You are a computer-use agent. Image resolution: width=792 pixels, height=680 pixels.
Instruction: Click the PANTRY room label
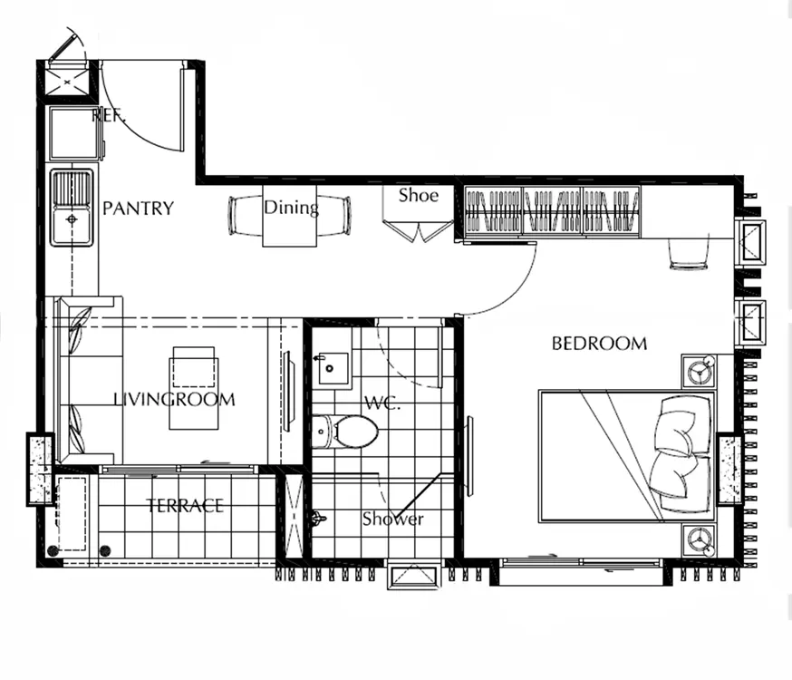point(138,209)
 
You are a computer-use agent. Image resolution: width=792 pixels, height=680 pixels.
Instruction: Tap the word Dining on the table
point(291,207)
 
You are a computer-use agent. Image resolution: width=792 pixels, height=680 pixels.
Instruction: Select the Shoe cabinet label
point(419,195)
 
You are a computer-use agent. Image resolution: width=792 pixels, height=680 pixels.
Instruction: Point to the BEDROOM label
point(599,344)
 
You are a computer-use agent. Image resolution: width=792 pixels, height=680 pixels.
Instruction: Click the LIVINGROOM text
point(174,400)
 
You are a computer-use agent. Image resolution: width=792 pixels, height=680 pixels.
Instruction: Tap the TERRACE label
point(185,506)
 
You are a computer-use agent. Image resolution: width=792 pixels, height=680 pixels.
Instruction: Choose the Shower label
point(392,519)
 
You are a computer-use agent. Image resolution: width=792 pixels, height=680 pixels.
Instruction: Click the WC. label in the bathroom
point(382,403)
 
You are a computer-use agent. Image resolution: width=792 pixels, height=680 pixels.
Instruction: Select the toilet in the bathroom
point(345,432)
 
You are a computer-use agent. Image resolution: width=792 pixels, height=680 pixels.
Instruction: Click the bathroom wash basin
point(332,369)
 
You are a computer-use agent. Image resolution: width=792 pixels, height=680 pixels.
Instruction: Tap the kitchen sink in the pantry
point(72,208)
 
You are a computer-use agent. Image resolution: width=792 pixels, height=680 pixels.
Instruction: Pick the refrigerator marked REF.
point(76,132)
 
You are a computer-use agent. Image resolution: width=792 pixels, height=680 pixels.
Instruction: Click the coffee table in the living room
point(194,388)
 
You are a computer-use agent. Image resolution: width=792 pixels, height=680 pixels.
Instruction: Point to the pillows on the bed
point(681,453)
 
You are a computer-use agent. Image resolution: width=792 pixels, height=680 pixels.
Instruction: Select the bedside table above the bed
point(699,371)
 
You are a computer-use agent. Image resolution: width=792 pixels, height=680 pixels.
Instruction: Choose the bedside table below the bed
point(699,540)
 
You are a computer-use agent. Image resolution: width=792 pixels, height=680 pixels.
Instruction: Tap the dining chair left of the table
point(246,216)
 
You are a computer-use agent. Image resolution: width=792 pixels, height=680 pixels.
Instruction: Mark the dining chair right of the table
point(333,216)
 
